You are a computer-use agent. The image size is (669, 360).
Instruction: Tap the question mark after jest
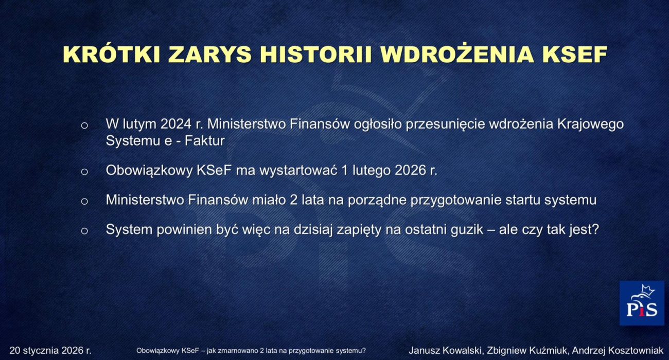click(596, 229)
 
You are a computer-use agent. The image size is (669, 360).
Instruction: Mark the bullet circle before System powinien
click(84, 231)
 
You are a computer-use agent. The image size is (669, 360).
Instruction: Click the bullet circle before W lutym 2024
click(84, 125)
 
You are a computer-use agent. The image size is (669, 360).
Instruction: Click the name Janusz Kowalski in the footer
click(445, 351)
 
